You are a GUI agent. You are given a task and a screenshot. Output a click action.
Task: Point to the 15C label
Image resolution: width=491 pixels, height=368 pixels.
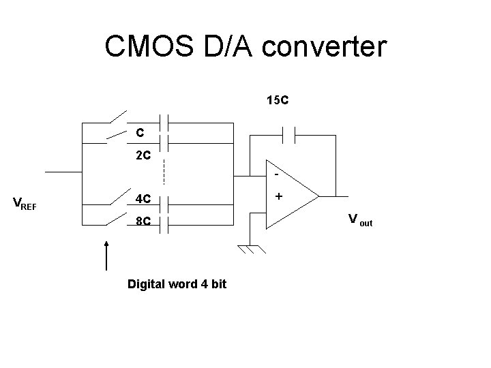tap(278, 100)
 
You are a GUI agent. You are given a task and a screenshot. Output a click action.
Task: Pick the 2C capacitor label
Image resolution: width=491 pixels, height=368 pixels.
tap(143, 155)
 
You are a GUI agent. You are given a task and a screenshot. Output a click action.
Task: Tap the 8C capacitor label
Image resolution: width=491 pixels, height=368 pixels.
tap(143, 221)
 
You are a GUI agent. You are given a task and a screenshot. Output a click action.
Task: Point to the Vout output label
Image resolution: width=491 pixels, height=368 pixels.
tap(360, 219)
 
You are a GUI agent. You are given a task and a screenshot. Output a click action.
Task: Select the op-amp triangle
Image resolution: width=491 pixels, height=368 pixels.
tap(290, 196)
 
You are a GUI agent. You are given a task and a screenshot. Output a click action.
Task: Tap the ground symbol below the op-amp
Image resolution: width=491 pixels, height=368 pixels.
tap(250, 249)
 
